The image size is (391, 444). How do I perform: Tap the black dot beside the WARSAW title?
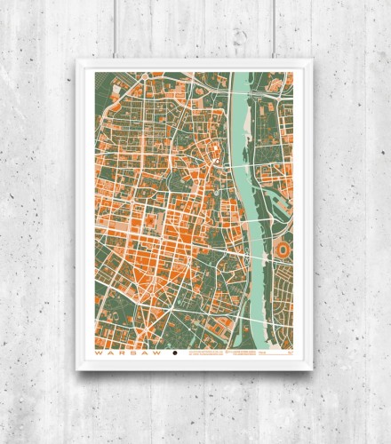[175, 353]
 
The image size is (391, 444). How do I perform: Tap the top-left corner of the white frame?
[79, 60]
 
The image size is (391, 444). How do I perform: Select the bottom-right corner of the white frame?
[307, 369]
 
